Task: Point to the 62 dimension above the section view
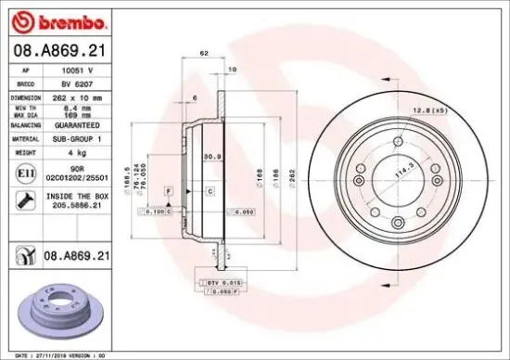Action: (x=203, y=56)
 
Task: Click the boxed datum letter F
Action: (x=169, y=190)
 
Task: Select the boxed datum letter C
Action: (x=210, y=190)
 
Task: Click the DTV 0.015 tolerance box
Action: (x=219, y=281)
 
